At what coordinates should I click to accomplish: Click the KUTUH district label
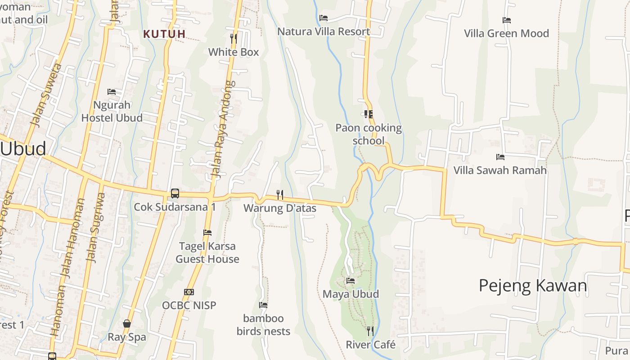[x=164, y=34]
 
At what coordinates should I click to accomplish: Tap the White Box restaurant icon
[x=233, y=38]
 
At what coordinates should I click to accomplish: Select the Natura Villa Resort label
[x=324, y=31]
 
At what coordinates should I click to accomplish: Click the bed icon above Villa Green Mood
[x=506, y=20]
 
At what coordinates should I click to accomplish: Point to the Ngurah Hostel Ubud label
[x=112, y=112]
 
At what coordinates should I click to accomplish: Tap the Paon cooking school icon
[x=369, y=114]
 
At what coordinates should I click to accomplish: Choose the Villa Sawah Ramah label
[x=500, y=170]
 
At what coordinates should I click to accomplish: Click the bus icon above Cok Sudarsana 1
[x=175, y=193]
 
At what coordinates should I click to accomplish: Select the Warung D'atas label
[x=280, y=208]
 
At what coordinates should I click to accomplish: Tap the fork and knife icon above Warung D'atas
[x=280, y=194]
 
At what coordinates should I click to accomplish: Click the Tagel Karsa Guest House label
[x=207, y=252]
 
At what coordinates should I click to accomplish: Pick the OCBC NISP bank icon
[x=189, y=292]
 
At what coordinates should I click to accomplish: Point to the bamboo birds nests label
[x=263, y=325]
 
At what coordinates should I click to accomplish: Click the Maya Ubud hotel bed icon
[x=351, y=281]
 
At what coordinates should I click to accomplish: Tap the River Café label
[x=370, y=345]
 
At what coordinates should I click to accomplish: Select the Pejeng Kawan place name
[x=533, y=286]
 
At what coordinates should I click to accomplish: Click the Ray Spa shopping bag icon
[x=127, y=324]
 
